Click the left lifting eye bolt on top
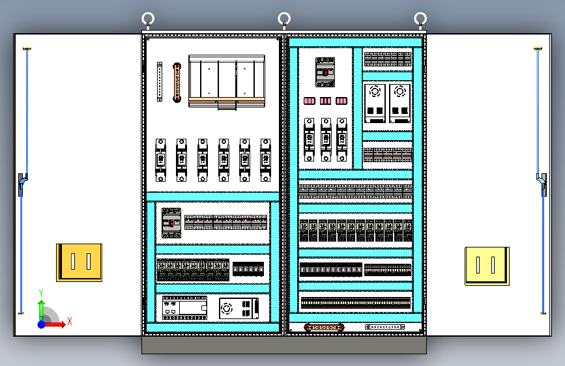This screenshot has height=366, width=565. click(148, 19)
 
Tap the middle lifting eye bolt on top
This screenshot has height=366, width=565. click(284, 18)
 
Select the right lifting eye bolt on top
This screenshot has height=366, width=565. click(420, 19)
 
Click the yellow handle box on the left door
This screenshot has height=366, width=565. click(79, 262)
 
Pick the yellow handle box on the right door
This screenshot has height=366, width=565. click(486, 266)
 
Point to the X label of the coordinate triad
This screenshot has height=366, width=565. click(70, 321)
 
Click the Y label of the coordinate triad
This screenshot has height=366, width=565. click(41, 292)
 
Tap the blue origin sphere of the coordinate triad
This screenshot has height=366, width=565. click(42, 324)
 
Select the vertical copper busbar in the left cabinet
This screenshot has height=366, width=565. click(176, 82)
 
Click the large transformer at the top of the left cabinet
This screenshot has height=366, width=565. click(227, 81)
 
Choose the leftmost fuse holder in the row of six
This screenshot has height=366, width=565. click(160, 160)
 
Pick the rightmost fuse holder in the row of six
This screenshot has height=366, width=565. click(265, 160)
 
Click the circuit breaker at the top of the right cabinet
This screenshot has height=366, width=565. click(325, 72)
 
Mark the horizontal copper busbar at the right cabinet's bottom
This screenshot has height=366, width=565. click(324, 328)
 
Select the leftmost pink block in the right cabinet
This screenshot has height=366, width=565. click(310, 100)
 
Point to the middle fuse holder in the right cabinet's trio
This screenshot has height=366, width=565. click(325, 139)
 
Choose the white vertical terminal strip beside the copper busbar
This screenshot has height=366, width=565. click(159, 81)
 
